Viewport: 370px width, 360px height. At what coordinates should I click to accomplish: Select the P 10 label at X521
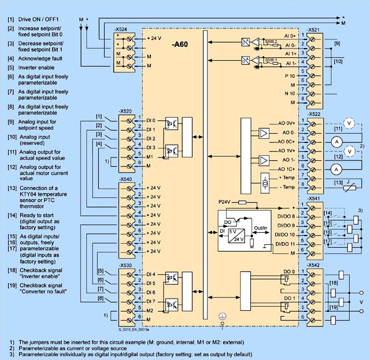coord(290,75)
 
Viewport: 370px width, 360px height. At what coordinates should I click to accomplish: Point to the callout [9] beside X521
coord(337,43)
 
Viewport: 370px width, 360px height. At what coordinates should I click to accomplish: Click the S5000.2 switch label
coord(270,42)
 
